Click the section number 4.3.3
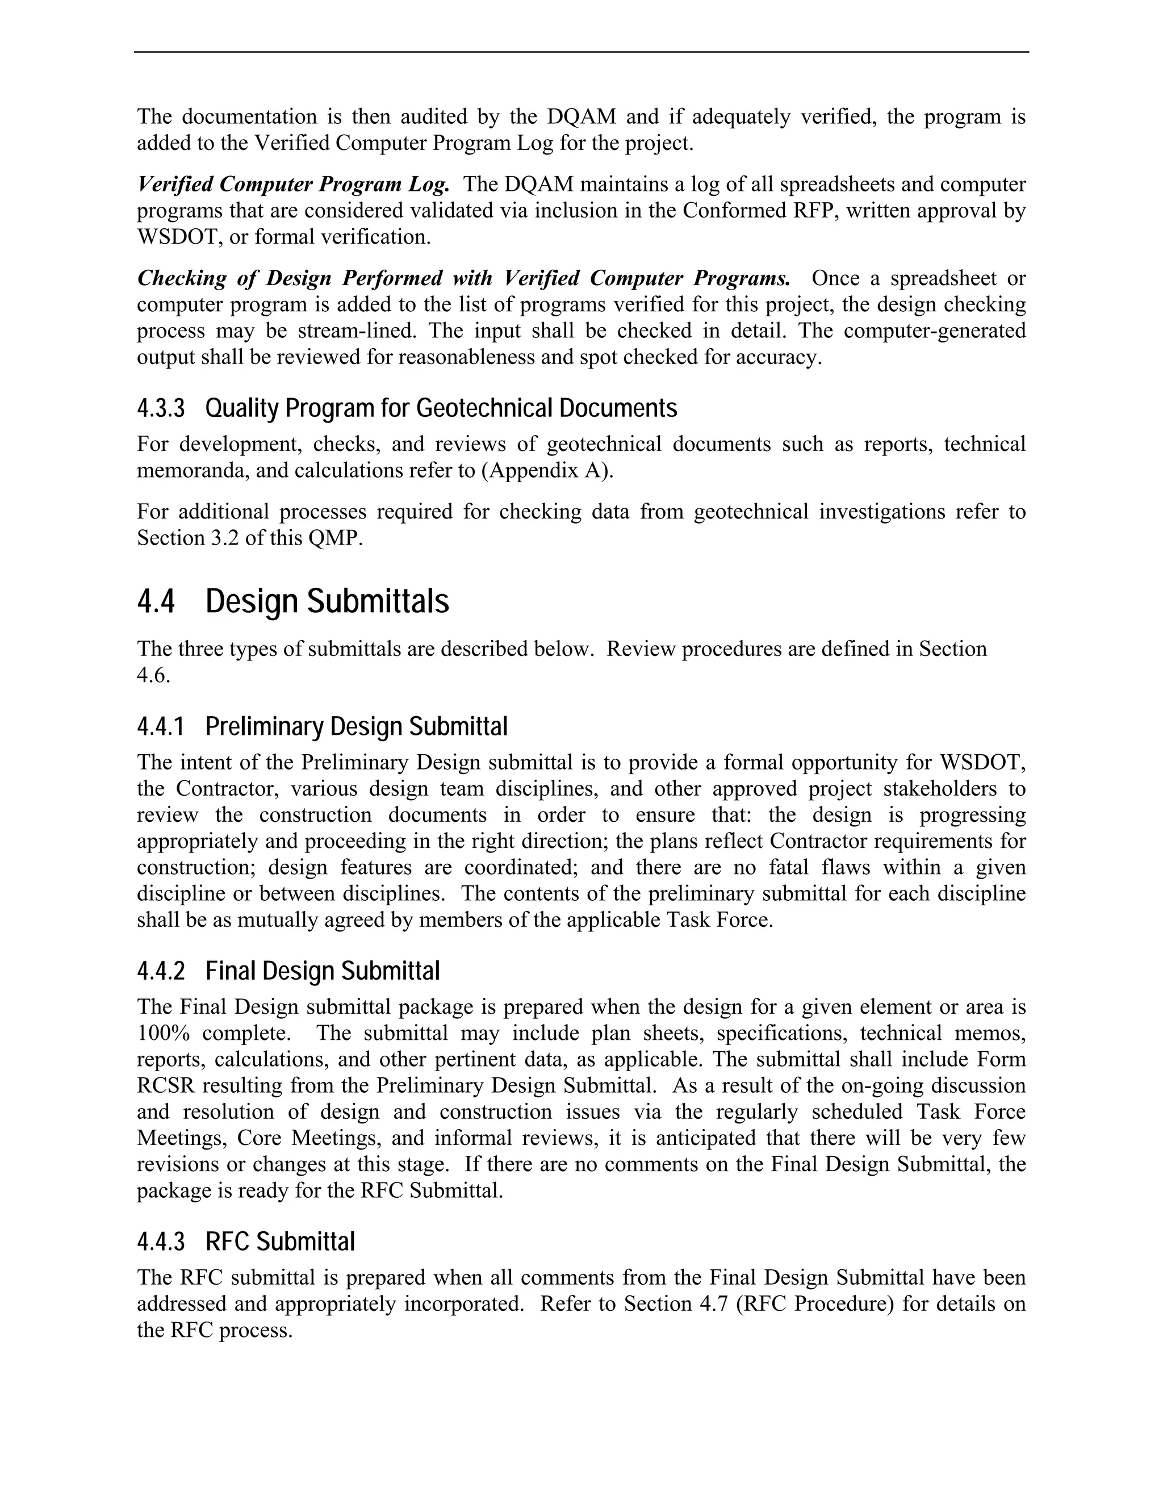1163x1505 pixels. tap(161, 409)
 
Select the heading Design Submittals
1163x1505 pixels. tap(327, 601)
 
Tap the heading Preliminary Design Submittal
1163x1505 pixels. tap(356, 726)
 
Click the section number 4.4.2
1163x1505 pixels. tap(161, 971)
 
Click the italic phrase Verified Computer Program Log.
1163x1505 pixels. tap(294, 184)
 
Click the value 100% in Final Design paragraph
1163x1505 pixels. tap(161, 1033)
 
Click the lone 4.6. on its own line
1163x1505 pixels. tap(153, 675)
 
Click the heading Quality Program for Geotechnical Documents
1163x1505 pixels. tap(441, 409)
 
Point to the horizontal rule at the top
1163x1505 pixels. tap(581, 52)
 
